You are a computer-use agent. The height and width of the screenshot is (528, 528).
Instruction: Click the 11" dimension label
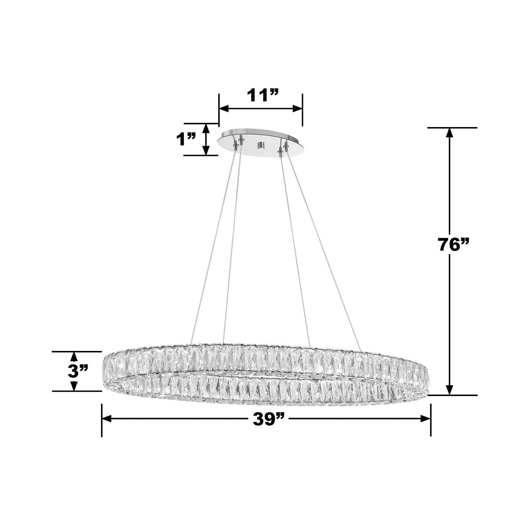tap(262, 95)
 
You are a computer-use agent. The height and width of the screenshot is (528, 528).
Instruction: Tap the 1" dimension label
tap(186, 139)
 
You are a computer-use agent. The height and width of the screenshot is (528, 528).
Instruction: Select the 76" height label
tap(454, 244)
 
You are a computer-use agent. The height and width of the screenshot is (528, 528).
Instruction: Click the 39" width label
tap(269, 419)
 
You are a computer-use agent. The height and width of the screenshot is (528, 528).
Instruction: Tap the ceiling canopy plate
tap(260, 139)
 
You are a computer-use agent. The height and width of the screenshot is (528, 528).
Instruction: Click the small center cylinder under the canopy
tap(261, 145)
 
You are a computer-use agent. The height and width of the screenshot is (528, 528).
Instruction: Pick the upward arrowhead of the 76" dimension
tap(450, 133)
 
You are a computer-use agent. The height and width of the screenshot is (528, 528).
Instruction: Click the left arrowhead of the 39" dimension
tap(107, 419)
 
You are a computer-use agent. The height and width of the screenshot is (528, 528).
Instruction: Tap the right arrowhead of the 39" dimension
tap(426, 419)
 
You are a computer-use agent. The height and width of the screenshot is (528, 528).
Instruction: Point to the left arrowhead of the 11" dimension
tap(224, 109)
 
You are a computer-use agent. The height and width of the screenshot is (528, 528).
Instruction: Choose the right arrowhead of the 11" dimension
tap(298, 109)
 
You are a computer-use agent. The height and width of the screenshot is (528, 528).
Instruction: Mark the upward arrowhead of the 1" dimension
tap(207, 128)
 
